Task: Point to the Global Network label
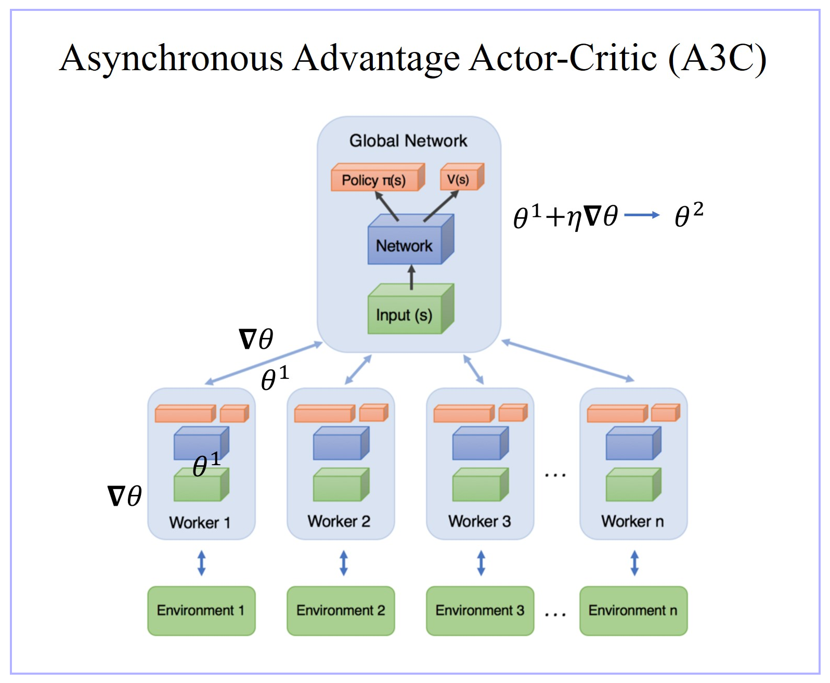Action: click(x=408, y=141)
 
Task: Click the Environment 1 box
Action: click(x=201, y=611)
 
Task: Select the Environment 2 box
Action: click(x=341, y=611)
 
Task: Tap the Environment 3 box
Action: click(x=479, y=611)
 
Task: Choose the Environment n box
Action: click(x=633, y=611)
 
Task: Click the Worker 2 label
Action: click(x=339, y=521)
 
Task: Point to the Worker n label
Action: click(x=632, y=521)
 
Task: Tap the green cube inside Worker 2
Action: click(x=339, y=485)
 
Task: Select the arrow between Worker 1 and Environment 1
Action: click(x=202, y=563)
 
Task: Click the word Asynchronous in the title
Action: click(x=171, y=58)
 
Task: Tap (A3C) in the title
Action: click(x=717, y=58)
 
